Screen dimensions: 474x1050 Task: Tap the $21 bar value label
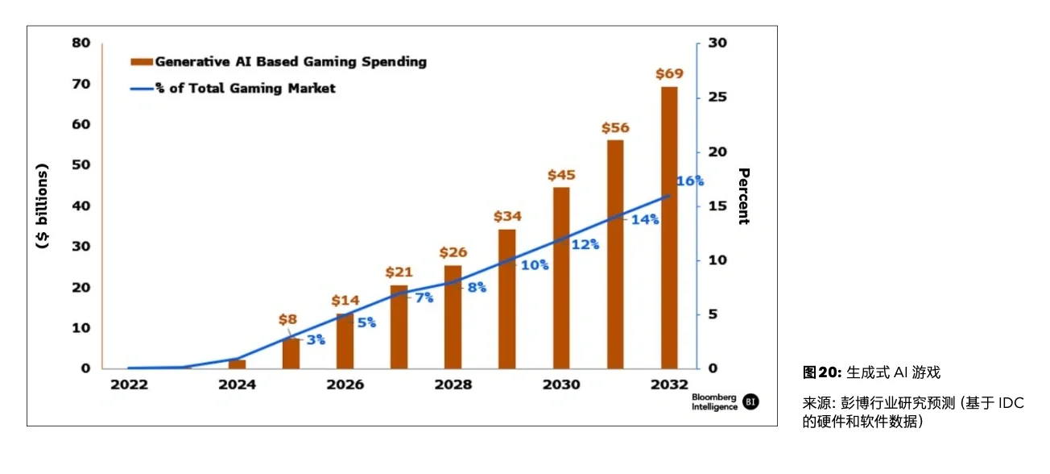(x=399, y=272)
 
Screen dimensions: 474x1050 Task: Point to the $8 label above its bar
(x=287, y=319)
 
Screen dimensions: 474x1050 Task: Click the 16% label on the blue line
(x=690, y=181)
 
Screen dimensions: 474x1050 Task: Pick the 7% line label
(x=424, y=298)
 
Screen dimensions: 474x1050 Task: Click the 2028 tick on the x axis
(x=453, y=385)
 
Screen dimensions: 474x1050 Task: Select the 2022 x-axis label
(x=129, y=385)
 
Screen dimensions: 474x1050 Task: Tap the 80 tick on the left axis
(x=81, y=43)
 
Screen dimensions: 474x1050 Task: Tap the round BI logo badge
(x=750, y=401)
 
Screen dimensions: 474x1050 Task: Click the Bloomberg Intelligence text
(x=713, y=402)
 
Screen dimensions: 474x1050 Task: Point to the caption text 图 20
(x=821, y=372)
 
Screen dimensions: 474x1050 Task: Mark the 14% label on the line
(x=645, y=219)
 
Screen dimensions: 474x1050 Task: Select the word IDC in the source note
(x=1011, y=403)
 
